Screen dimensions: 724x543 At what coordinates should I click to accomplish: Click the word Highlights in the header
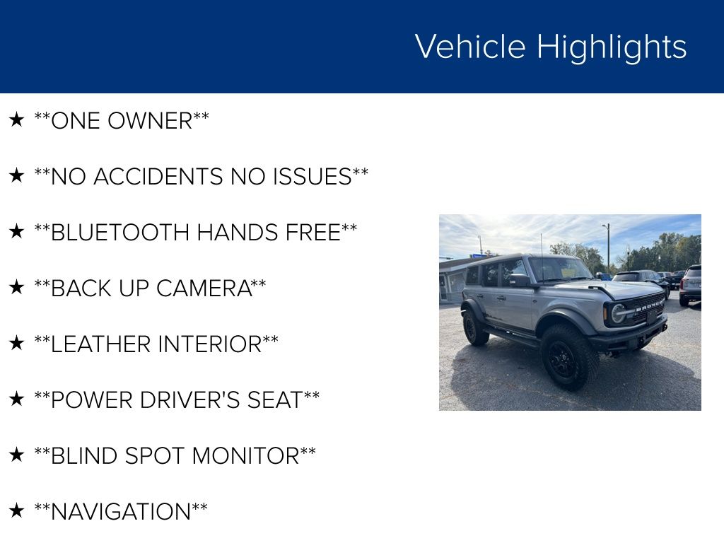pos(612,47)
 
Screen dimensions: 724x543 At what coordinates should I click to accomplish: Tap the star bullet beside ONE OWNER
pos(17,119)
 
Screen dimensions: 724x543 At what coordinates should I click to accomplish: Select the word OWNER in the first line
pos(150,121)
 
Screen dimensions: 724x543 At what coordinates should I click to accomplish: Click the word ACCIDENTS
pos(158,177)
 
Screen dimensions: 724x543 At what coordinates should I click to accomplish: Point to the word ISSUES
pos(313,177)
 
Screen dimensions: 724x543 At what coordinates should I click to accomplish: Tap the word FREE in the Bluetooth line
pos(313,233)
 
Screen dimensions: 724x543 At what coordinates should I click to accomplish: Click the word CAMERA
pos(204,288)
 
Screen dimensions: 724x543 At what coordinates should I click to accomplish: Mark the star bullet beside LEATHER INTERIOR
pos(17,343)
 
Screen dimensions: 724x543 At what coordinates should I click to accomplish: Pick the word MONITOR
pos(245,456)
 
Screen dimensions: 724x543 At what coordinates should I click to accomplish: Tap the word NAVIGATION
pos(121,512)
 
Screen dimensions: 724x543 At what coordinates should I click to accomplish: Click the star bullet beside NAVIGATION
pos(17,510)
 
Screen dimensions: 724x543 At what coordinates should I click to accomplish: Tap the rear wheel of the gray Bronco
pos(475,327)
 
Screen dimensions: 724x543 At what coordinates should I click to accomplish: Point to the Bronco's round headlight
pos(618,314)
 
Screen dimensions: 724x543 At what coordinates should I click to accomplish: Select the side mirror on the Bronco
pos(520,280)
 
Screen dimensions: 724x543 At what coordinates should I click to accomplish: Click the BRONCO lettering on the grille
pos(649,305)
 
